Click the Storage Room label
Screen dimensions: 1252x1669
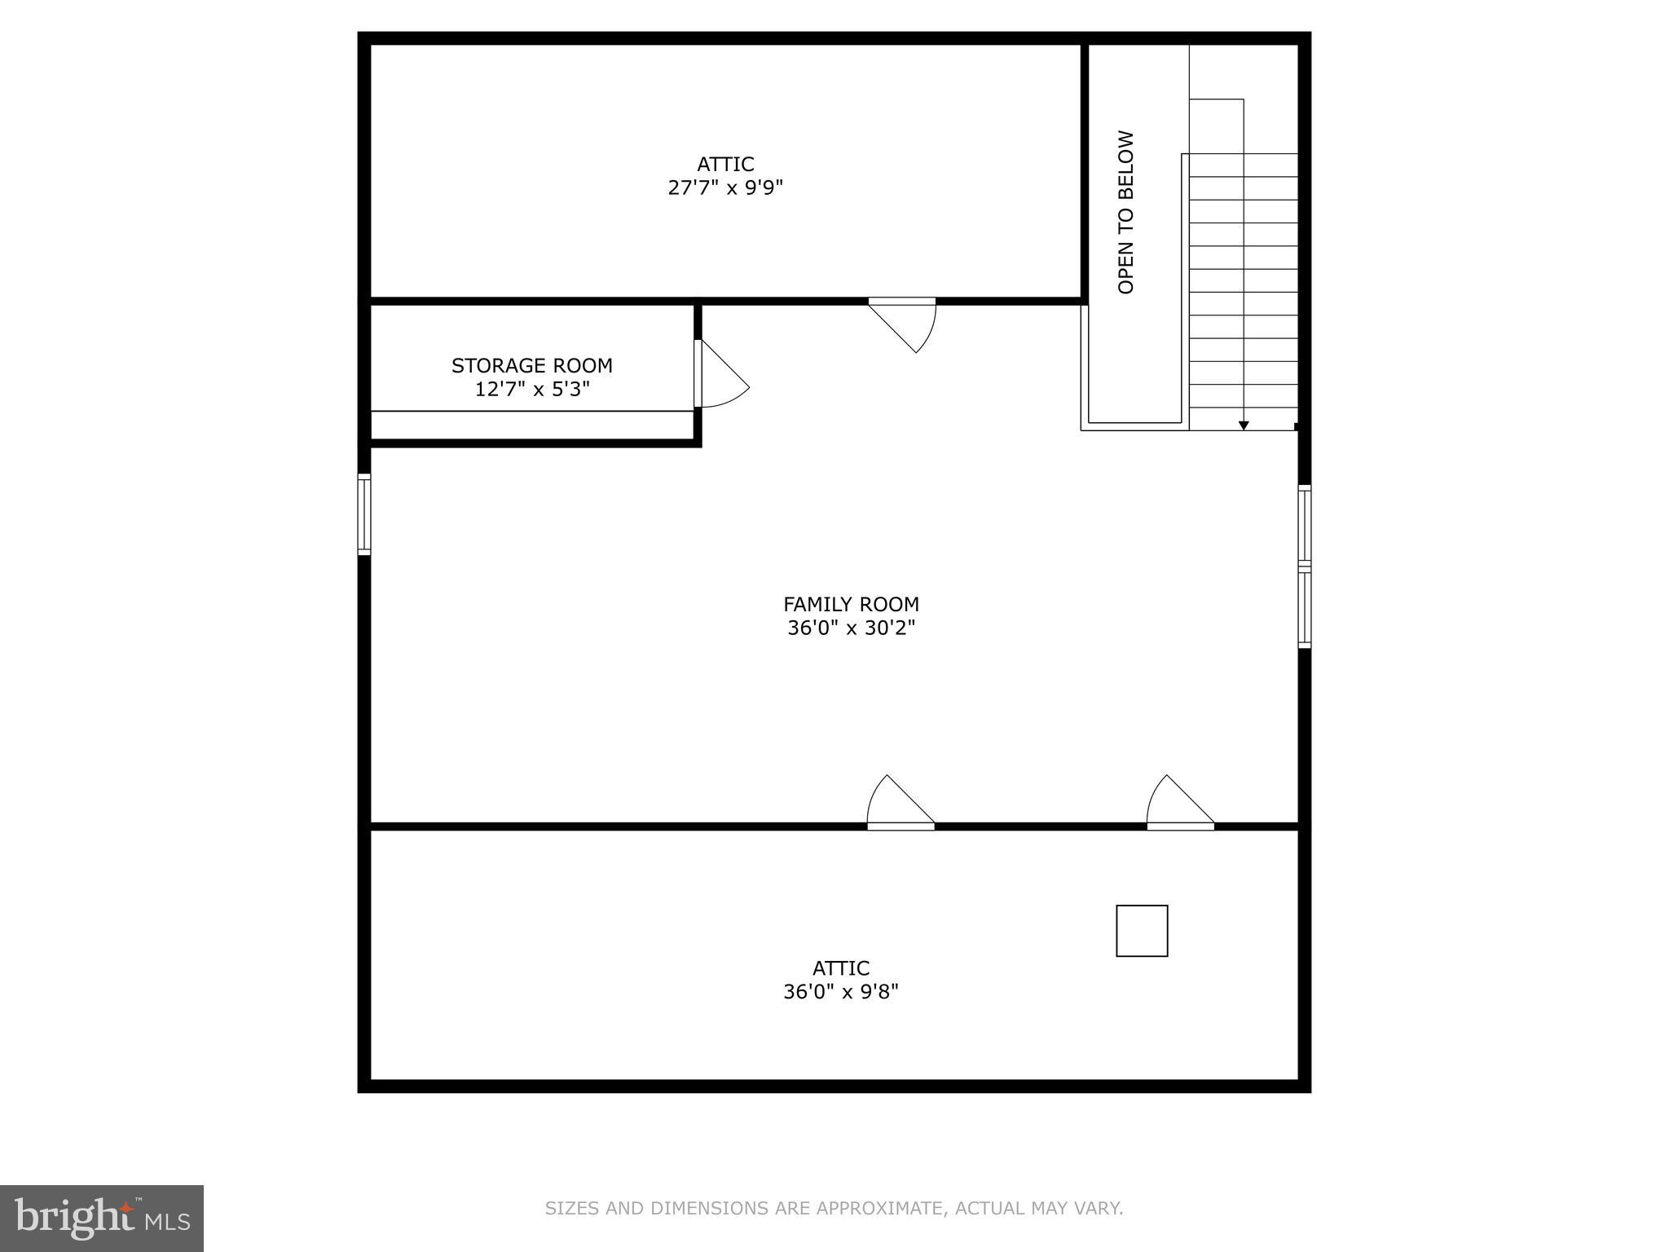pyautogui.click(x=531, y=366)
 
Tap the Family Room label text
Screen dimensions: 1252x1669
pyautogui.click(x=851, y=605)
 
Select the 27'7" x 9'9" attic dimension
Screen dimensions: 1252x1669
pyautogui.click(x=725, y=188)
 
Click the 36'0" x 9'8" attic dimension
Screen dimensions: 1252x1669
pyautogui.click(x=840, y=992)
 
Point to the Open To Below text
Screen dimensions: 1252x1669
pyautogui.click(x=1126, y=212)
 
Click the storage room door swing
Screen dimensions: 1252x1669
pyautogui.click(x=722, y=375)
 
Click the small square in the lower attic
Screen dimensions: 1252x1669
pyautogui.click(x=1142, y=930)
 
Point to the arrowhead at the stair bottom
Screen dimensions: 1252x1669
pyautogui.click(x=1244, y=425)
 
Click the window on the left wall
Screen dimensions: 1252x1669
pyautogui.click(x=364, y=514)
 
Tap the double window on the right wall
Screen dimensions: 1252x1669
pyautogui.click(x=1304, y=566)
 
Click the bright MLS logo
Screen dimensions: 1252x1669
pyautogui.click(x=102, y=1219)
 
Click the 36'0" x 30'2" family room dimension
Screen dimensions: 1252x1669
pyautogui.click(x=851, y=628)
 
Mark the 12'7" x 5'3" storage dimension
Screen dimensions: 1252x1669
pyautogui.click(x=531, y=390)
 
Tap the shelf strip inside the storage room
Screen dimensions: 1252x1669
pyautogui.click(x=531, y=423)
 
